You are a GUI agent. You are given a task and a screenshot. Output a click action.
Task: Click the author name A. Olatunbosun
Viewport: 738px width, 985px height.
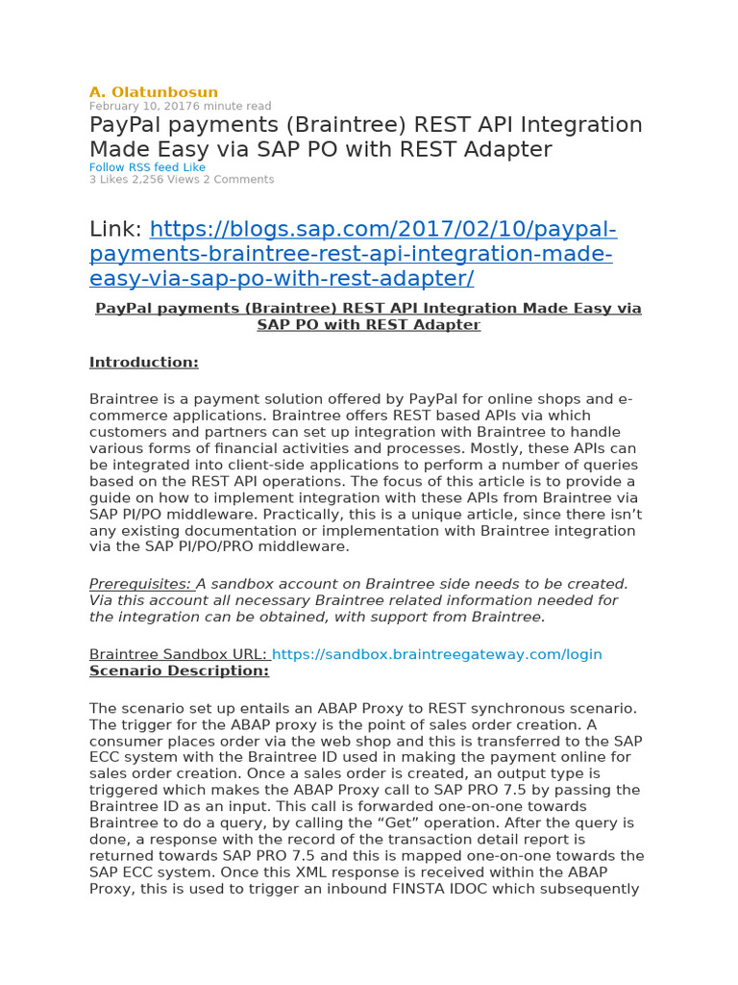(x=154, y=92)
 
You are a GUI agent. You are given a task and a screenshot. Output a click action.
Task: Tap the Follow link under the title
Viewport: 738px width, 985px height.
(x=106, y=167)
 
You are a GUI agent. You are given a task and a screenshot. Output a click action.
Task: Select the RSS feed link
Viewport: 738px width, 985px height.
(x=152, y=167)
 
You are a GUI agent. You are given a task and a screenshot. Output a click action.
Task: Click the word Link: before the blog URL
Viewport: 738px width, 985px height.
(x=115, y=230)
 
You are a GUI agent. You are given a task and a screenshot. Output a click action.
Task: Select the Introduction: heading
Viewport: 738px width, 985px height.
(x=144, y=363)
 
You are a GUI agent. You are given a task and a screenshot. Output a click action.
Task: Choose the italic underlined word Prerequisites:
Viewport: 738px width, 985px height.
(x=140, y=584)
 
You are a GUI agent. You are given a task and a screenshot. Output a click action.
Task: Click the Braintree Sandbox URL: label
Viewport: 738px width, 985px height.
(x=178, y=654)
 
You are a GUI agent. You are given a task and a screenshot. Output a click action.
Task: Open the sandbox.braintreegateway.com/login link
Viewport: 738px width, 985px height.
(x=437, y=654)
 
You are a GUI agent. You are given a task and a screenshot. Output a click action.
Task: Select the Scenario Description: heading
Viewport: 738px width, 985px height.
(x=179, y=670)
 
